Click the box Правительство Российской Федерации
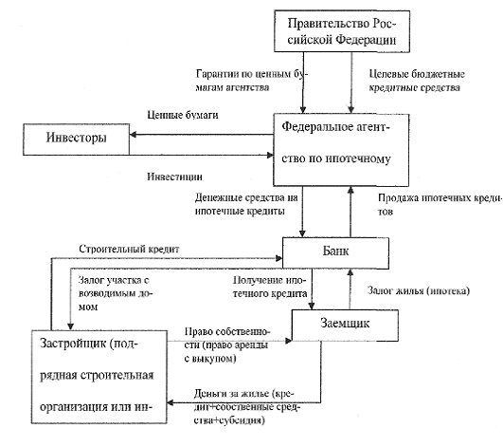tap(342, 31)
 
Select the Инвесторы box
tap(77, 140)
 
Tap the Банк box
tap(335, 252)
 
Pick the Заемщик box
tap(345, 325)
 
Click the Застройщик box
tap(99, 377)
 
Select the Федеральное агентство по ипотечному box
tap(341, 150)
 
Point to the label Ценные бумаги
tap(183, 115)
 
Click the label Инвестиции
tap(175, 177)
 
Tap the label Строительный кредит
tap(129, 249)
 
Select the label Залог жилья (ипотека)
tap(419, 290)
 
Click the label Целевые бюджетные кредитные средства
tap(417, 81)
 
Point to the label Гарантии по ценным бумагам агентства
tap(252, 81)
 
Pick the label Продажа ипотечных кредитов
tap(440, 204)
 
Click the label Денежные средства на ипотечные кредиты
tap(246, 204)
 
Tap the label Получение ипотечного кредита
tap(270, 287)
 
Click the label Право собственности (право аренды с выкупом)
tap(227, 345)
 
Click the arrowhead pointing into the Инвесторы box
tap(134, 135)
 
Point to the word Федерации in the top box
tap(366, 40)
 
